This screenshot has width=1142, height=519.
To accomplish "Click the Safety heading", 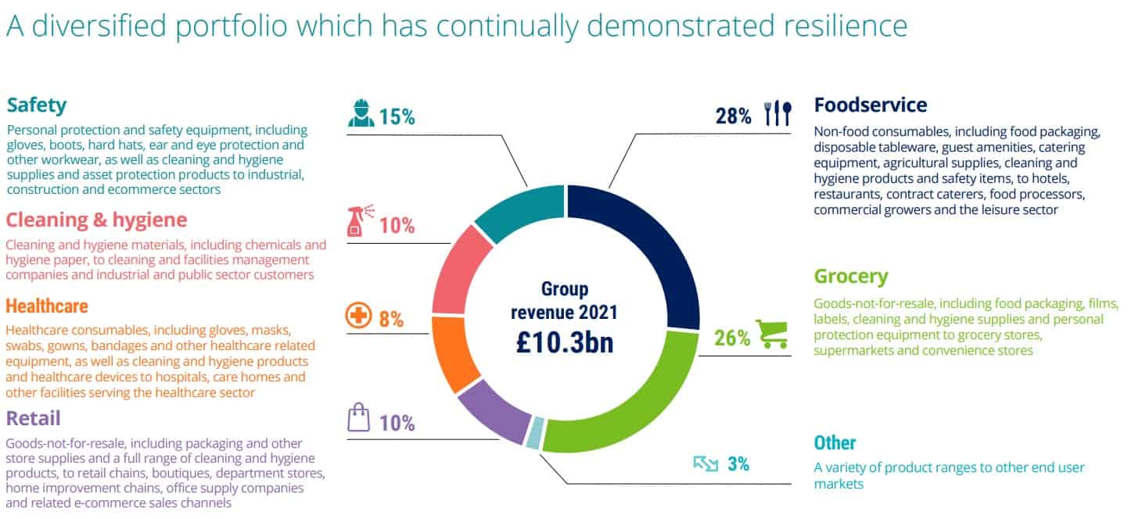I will coord(37,106).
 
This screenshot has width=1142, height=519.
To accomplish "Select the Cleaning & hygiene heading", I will coord(96,219).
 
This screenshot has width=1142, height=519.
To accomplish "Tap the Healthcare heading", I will coord(47,305).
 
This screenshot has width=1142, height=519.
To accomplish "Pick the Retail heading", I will coord(33,418).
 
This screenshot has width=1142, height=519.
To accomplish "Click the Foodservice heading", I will coord(870,105).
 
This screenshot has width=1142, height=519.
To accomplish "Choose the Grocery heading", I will coord(850,277).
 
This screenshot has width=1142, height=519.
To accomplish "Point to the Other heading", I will coord(835,443).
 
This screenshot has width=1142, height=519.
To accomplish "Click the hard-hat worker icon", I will coord(361,114).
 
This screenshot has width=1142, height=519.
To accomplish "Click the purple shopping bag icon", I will coord(358,420).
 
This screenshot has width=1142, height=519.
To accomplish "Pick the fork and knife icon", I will coord(778,114).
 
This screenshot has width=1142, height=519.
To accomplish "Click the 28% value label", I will coord(733,116).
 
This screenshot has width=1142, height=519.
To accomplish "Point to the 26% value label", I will coord(731,338).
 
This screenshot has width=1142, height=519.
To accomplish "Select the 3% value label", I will coord(738,464).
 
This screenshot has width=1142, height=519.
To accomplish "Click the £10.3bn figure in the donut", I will coord(563,343).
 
